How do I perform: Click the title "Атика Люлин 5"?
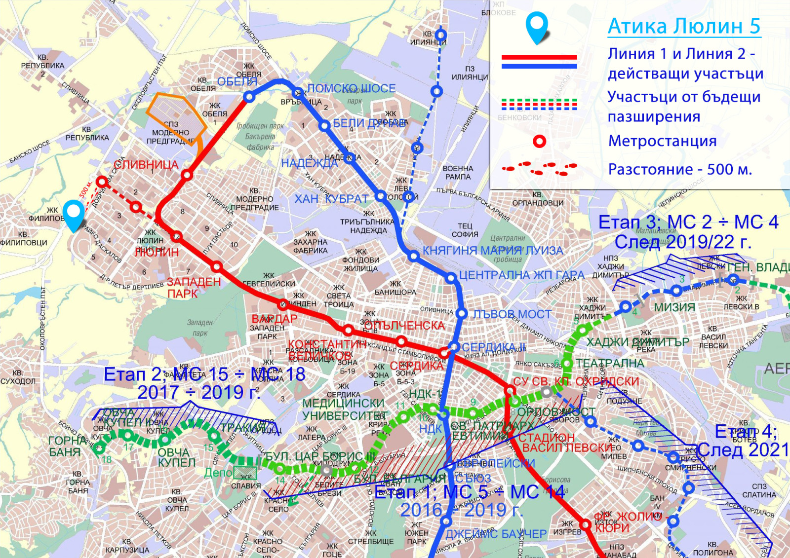tap(684, 26)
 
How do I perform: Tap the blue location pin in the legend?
tap(537, 28)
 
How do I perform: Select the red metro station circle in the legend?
tap(540, 142)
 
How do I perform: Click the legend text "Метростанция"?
tap(662, 141)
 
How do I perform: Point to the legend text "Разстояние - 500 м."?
tap(680, 169)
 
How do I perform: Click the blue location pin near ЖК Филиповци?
tap(74, 215)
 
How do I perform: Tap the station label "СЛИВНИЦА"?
tap(146, 165)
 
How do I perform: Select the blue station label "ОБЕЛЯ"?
tap(237, 82)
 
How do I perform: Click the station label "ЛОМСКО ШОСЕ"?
tap(352, 89)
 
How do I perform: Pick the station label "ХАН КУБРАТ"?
tap(331, 199)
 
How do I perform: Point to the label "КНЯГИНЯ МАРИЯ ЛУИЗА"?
tap(492, 251)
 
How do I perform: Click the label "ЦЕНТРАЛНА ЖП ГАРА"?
tap(521, 275)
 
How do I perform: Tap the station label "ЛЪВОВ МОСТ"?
tap(512, 314)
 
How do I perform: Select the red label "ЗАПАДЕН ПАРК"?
tap(193, 288)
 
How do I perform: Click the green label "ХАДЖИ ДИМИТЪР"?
tap(637, 342)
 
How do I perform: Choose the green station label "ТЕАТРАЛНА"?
tap(610, 364)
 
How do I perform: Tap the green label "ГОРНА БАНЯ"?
tap(64, 446)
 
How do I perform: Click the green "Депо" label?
tap(218, 473)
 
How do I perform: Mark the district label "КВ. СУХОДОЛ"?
tap(18, 377)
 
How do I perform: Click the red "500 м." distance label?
tap(85, 189)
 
